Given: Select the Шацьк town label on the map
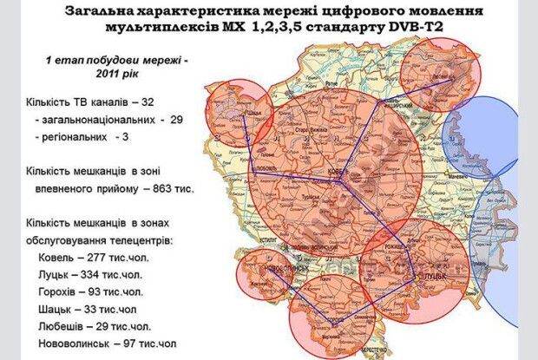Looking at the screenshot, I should [x=254, y=112].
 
